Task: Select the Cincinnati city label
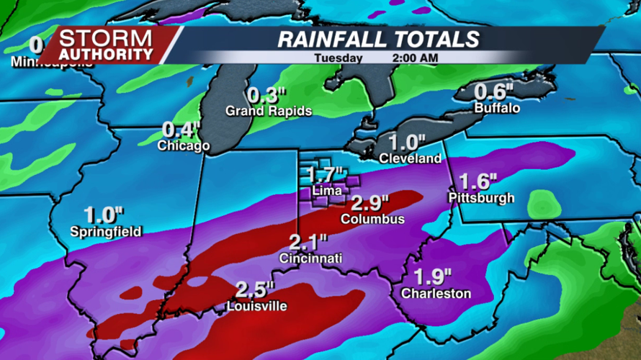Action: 311,258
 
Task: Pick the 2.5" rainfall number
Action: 255,291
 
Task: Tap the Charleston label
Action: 436,293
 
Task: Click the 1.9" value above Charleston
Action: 433,276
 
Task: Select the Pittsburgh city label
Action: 481,197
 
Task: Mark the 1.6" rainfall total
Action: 479,181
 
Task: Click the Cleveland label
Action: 410,158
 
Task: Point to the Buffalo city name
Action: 497,108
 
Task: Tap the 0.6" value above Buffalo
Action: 493,92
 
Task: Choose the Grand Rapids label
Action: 269,111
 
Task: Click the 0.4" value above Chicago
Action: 181,130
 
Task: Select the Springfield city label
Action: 106,231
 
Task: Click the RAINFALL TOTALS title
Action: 379,39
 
